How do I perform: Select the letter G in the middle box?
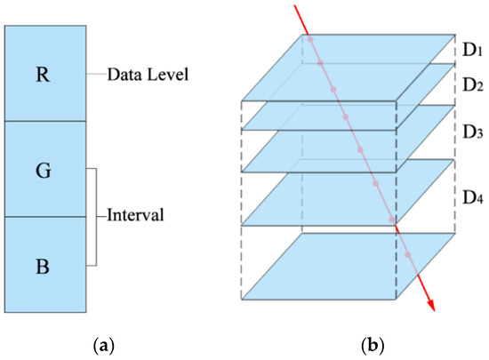coord(44,168)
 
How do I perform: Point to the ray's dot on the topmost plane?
coord(309,40)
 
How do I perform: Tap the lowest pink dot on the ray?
coord(408,255)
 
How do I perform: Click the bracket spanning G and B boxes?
coord(93,216)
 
